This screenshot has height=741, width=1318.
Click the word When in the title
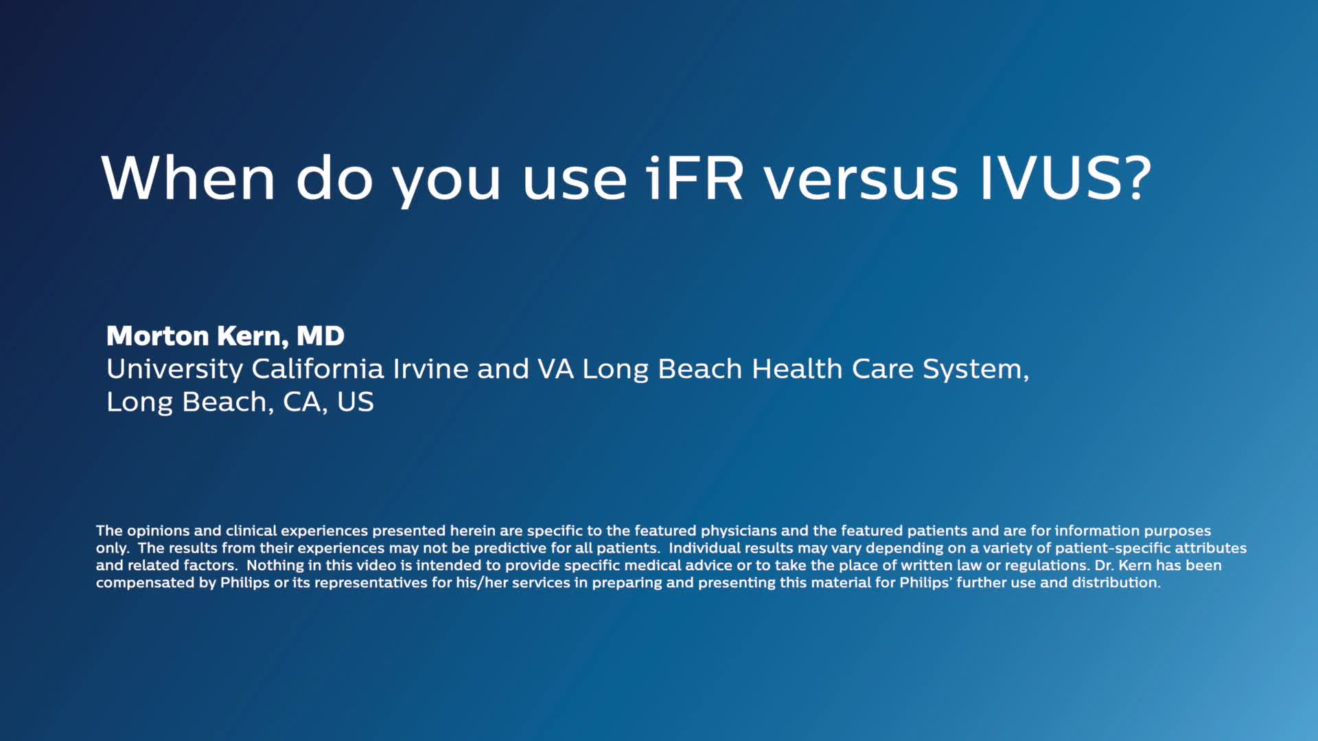188,178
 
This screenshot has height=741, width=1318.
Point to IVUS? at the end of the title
1066,178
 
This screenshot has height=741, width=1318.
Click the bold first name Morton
157,336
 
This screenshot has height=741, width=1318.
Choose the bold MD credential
320,336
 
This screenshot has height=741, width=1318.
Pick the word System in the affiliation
975,370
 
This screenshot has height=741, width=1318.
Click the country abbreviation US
355,402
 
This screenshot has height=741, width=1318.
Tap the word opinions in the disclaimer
158,531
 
